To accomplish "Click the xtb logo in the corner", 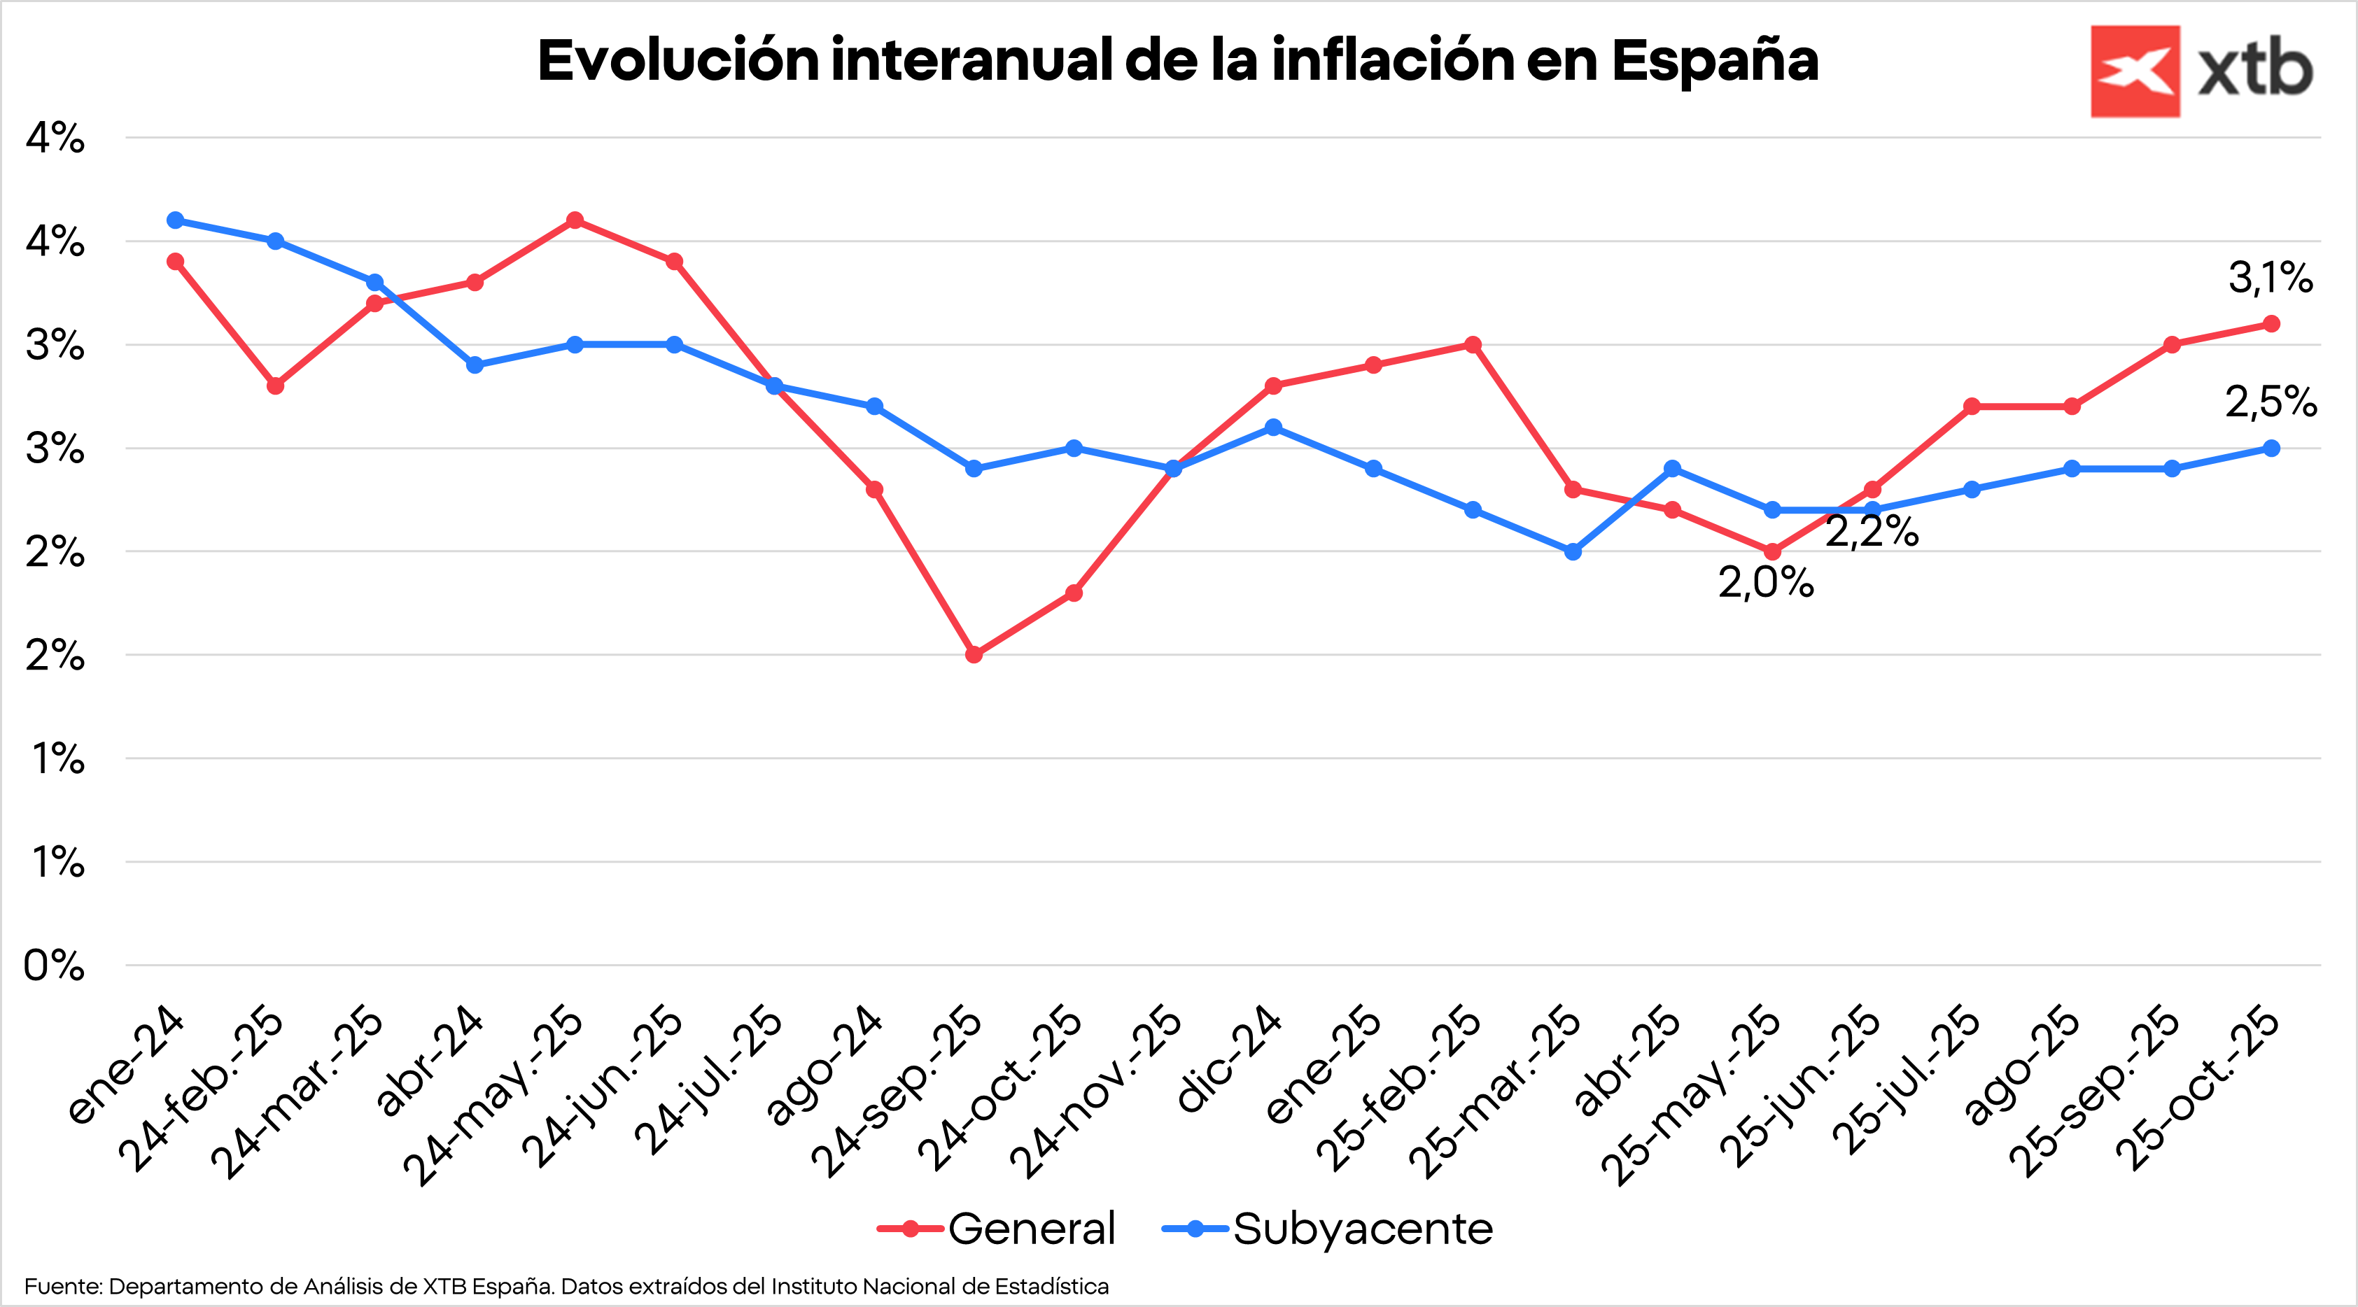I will [2201, 71].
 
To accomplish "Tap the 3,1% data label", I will [2270, 277].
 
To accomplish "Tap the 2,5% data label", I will [2270, 402].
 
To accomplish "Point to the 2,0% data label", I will [1765, 582].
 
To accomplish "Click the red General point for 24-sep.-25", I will [974, 654].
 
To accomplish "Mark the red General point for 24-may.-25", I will [575, 220].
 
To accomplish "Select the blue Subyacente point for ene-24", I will [176, 220].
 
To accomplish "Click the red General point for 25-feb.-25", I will [1473, 345].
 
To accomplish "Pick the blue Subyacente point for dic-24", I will [1273, 428].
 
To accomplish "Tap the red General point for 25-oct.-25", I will [2271, 324].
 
